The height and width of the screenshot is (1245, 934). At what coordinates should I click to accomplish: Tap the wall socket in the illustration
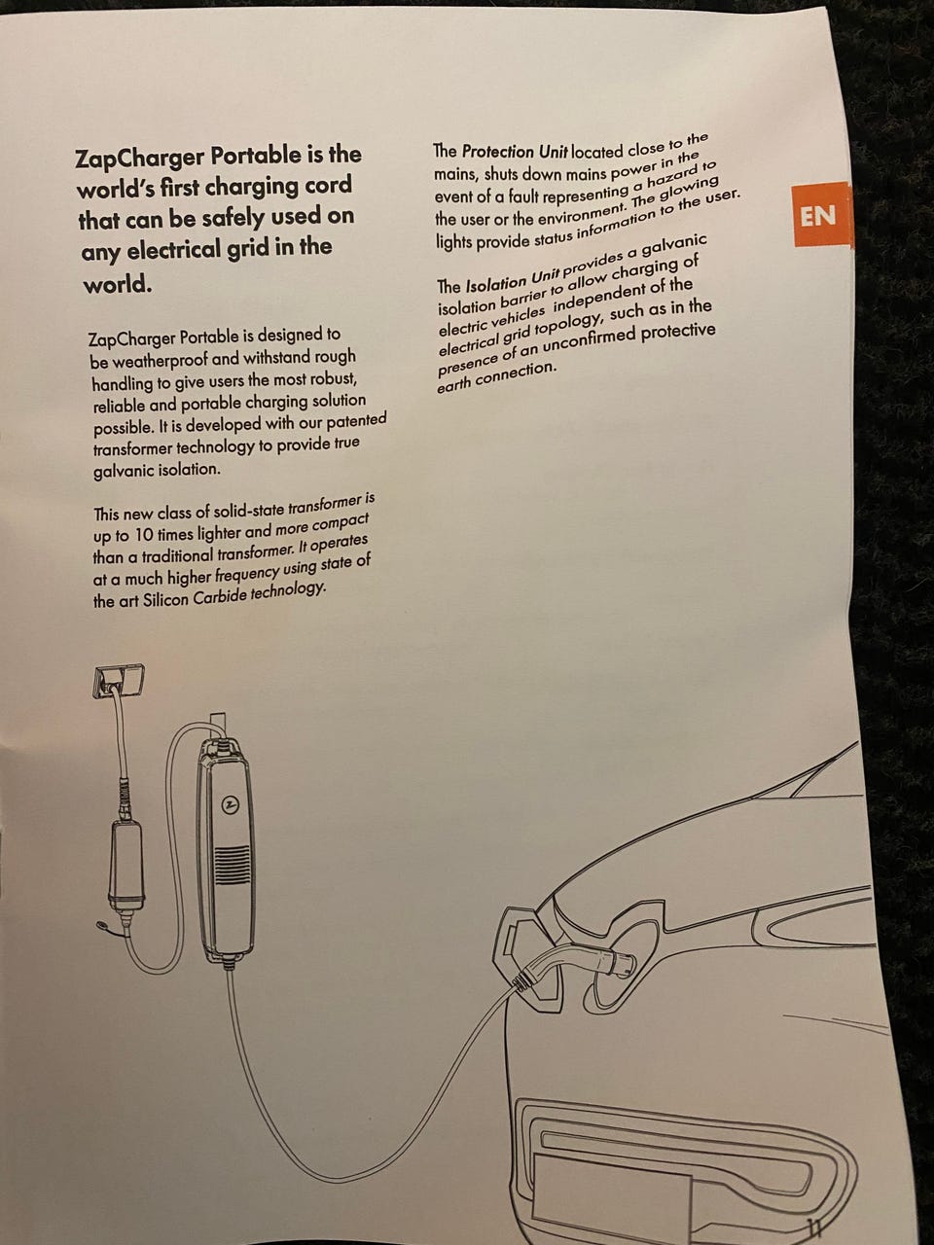coord(118,681)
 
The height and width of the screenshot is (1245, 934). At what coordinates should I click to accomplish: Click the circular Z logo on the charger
coord(230,804)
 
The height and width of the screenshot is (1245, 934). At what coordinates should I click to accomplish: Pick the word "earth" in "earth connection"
coord(454,383)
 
